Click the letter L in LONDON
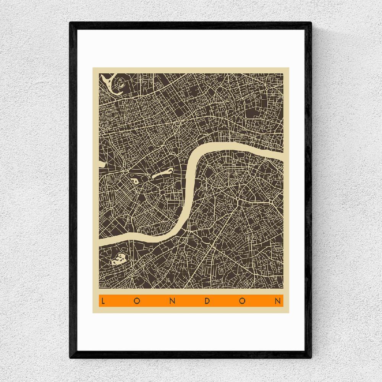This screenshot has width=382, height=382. pos(103,301)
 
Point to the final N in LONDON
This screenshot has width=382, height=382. pos(278,301)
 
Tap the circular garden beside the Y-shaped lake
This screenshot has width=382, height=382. pos(121,81)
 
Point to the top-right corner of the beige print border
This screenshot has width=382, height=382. pos(289,68)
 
